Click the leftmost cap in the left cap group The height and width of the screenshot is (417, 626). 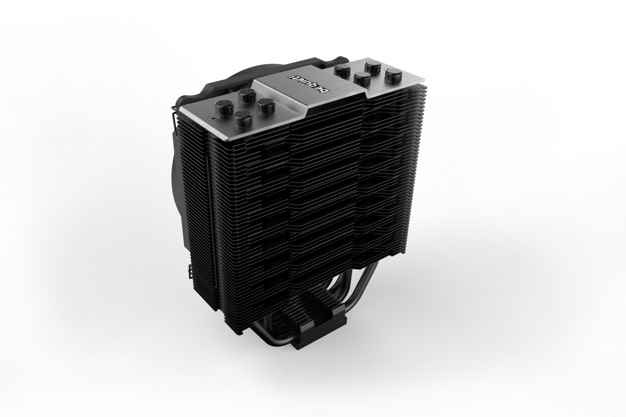pyautogui.click(x=221, y=106)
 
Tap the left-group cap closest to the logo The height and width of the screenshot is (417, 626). pyautogui.click(x=263, y=106)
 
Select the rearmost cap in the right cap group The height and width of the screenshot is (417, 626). pyautogui.click(x=374, y=66)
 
